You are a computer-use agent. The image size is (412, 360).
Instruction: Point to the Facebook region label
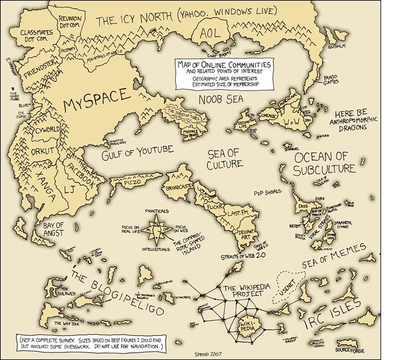(80, 173)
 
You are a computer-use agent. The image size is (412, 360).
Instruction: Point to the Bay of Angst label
(53, 229)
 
